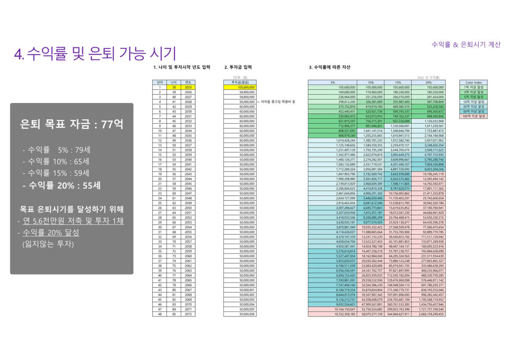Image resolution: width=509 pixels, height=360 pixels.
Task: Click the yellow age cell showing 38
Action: [173, 87]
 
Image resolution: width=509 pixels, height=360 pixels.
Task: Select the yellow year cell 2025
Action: [188, 87]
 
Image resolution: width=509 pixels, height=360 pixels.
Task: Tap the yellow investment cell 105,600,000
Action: [239, 87]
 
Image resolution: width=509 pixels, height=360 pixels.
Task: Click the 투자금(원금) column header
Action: [239, 82]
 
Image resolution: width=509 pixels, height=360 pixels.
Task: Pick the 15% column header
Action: [398, 82]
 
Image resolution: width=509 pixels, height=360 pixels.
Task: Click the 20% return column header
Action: [428, 82]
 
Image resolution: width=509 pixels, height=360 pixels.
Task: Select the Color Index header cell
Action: [473, 82]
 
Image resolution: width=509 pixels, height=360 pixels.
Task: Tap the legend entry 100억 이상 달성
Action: [473, 116]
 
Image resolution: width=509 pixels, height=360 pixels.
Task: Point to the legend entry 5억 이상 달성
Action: [473, 97]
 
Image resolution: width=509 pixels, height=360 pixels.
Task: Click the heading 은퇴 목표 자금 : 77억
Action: [71, 125]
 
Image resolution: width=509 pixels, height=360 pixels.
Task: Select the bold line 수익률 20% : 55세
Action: [62, 185]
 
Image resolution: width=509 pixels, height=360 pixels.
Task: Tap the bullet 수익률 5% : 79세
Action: [56, 150]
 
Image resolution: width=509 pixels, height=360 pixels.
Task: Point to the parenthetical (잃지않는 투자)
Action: [48, 244]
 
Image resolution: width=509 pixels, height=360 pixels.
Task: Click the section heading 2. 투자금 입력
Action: [238, 67]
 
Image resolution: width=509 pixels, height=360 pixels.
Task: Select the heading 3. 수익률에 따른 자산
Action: [329, 67]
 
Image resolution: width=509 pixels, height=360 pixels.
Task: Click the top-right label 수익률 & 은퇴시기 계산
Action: [466, 44]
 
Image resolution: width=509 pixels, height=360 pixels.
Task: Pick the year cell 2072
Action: [188, 314]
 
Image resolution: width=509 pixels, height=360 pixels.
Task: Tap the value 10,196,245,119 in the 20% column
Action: [428, 174]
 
